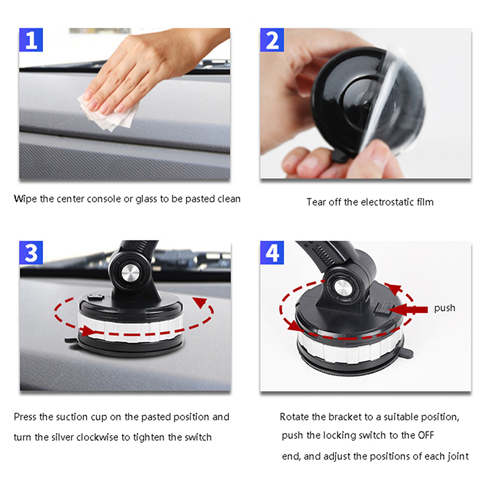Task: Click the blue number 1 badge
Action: tap(31, 40)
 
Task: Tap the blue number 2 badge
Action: tap(272, 40)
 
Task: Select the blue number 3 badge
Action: tap(31, 253)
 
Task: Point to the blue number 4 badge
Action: tap(272, 253)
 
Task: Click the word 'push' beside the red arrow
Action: tap(444, 309)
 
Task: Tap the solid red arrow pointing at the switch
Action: tap(408, 310)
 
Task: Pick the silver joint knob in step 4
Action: tap(342, 287)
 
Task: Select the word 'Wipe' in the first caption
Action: tap(25, 199)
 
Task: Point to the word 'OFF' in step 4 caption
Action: tap(426, 435)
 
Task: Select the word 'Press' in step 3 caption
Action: tap(25, 417)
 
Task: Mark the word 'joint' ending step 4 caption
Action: tap(457, 457)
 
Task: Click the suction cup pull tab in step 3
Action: tap(71, 339)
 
